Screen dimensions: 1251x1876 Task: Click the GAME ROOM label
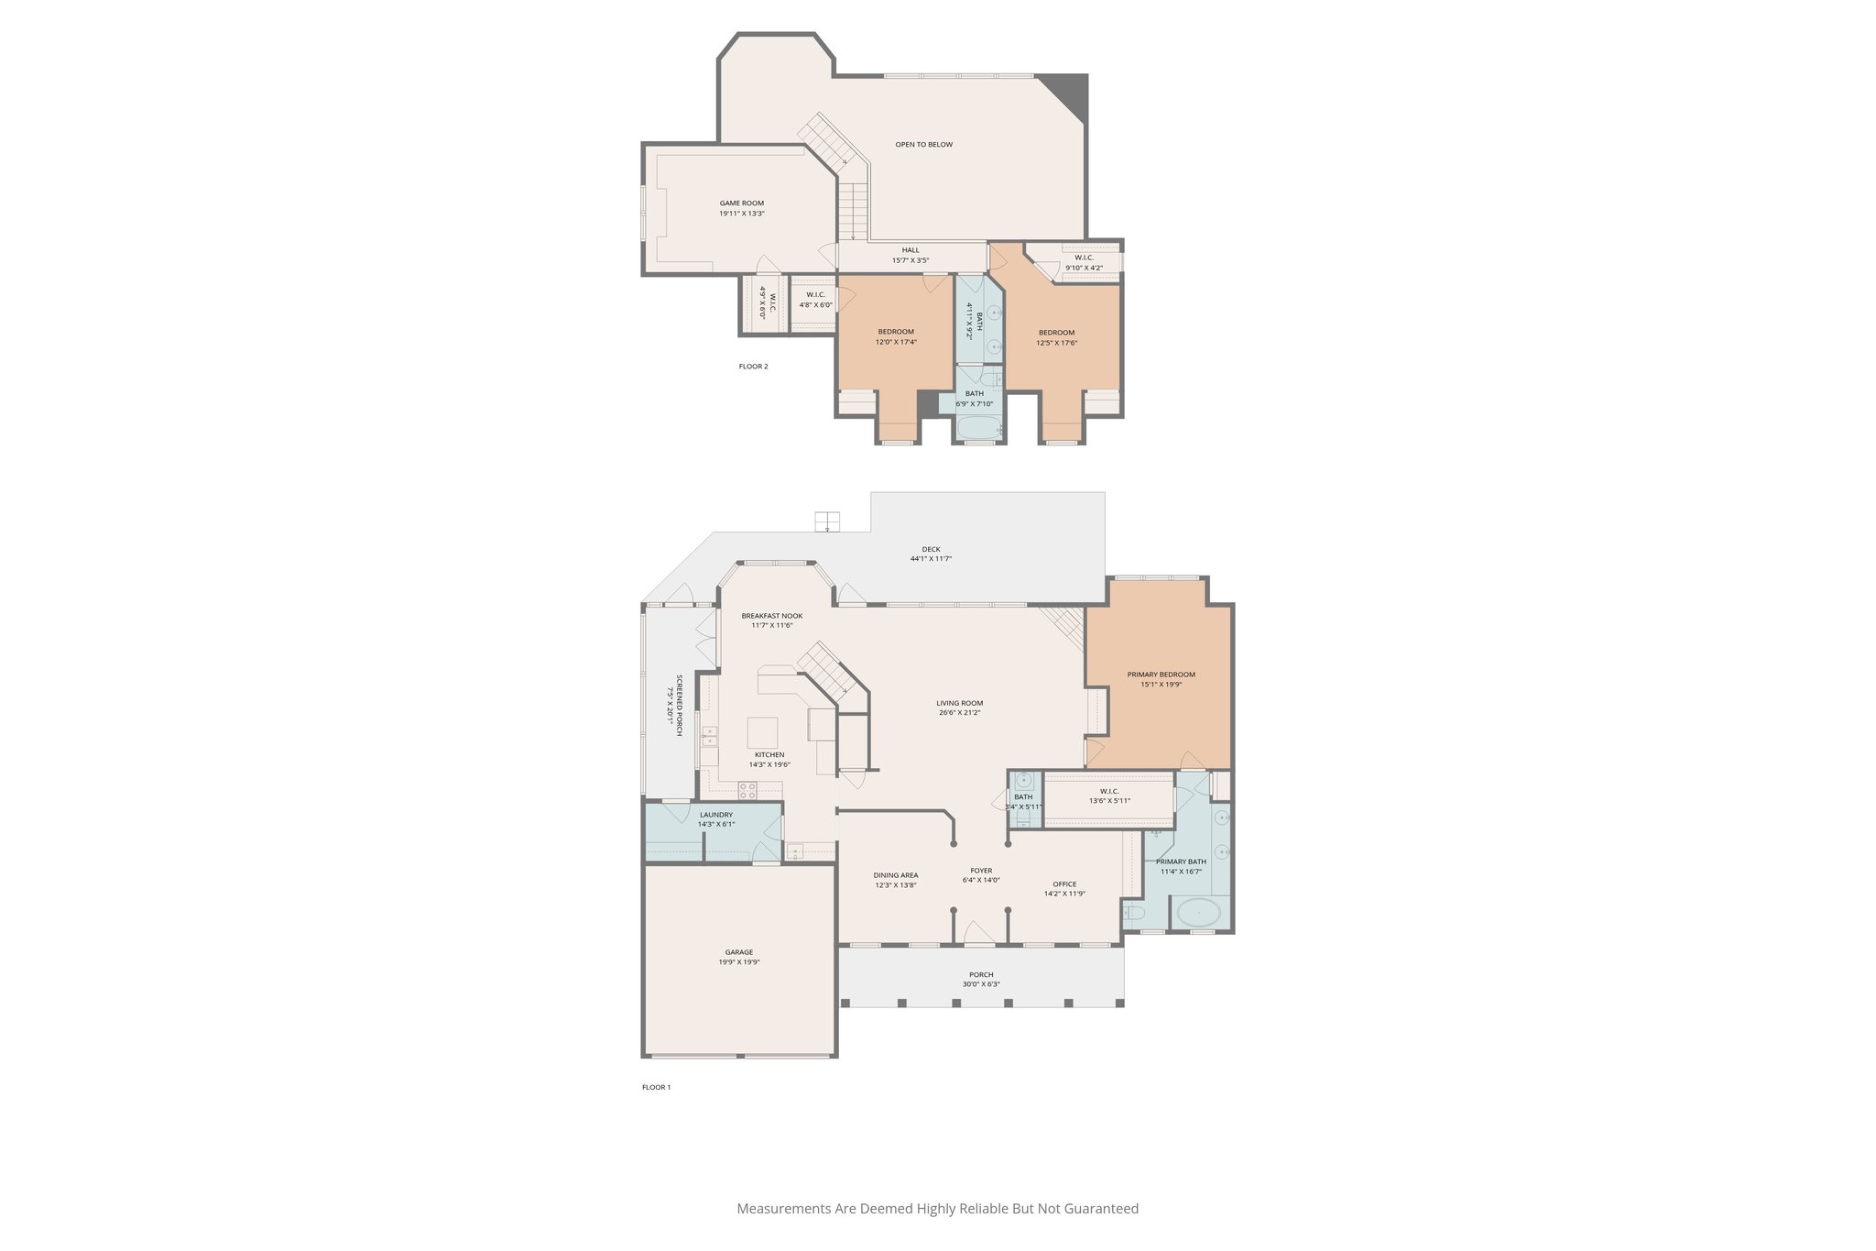click(x=741, y=203)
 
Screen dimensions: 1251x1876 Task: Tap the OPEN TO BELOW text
click(x=923, y=145)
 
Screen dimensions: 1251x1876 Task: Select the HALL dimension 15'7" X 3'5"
click(x=911, y=260)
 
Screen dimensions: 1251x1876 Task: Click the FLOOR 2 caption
click(x=753, y=367)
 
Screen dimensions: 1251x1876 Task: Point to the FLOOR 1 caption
click(x=656, y=1087)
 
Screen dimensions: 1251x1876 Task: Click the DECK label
click(x=931, y=549)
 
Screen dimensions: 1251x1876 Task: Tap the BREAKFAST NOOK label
click(x=771, y=616)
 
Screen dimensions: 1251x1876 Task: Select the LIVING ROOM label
click(x=959, y=703)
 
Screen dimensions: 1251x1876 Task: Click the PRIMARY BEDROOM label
click(x=1161, y=675)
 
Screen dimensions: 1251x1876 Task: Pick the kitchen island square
click(x=763, y=733)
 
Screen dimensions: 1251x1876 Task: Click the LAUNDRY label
click(x=715, y=815)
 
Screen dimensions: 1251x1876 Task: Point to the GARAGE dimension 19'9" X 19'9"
click(x=739, y=962)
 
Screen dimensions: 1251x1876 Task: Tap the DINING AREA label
click(x=895, y=875)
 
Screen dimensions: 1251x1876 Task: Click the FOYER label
click(x=981, y=871)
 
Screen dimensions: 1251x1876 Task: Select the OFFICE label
click(x=1064, y=884)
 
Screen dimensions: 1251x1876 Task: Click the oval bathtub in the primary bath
click(x=1198, y=913)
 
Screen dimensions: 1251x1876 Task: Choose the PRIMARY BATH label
click(x=1181, y=861)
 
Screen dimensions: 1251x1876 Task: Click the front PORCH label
click(x=981, y=974)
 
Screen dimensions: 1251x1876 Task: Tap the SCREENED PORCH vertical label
click(x=679, y=705)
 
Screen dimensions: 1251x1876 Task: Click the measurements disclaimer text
click(x=937, y=1209)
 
